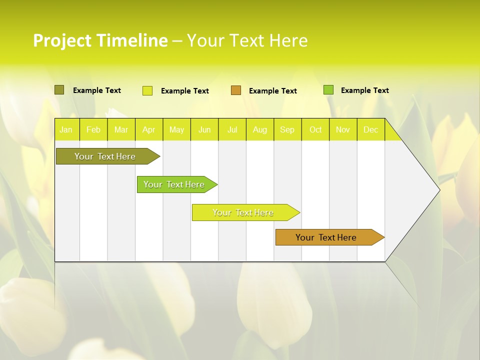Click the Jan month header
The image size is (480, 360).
pos(66,130)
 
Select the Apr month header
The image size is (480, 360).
pos(148,130)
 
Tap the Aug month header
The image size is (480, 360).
pos(259,130)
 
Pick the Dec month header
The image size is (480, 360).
pos(370,130)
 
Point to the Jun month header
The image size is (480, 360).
pos(204,130)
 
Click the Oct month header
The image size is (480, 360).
pos(315,130)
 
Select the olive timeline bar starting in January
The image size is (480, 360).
pos(105,156)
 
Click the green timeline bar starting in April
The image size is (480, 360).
pos(174,184)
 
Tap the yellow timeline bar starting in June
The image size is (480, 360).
pos(243,212)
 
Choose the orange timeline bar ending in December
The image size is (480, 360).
pos(326,237)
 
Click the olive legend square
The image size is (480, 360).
pos(59,90)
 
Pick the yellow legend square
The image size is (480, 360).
pos(147,90)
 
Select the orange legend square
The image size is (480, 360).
pos(236,90)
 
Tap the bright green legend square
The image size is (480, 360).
pos(328,90)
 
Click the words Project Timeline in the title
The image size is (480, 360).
pos(100,40)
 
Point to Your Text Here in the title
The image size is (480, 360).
pos(247,40)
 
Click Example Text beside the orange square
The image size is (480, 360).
pos(272,91)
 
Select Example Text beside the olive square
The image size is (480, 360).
pos(96,90)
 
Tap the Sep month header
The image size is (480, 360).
pos(287,130)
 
